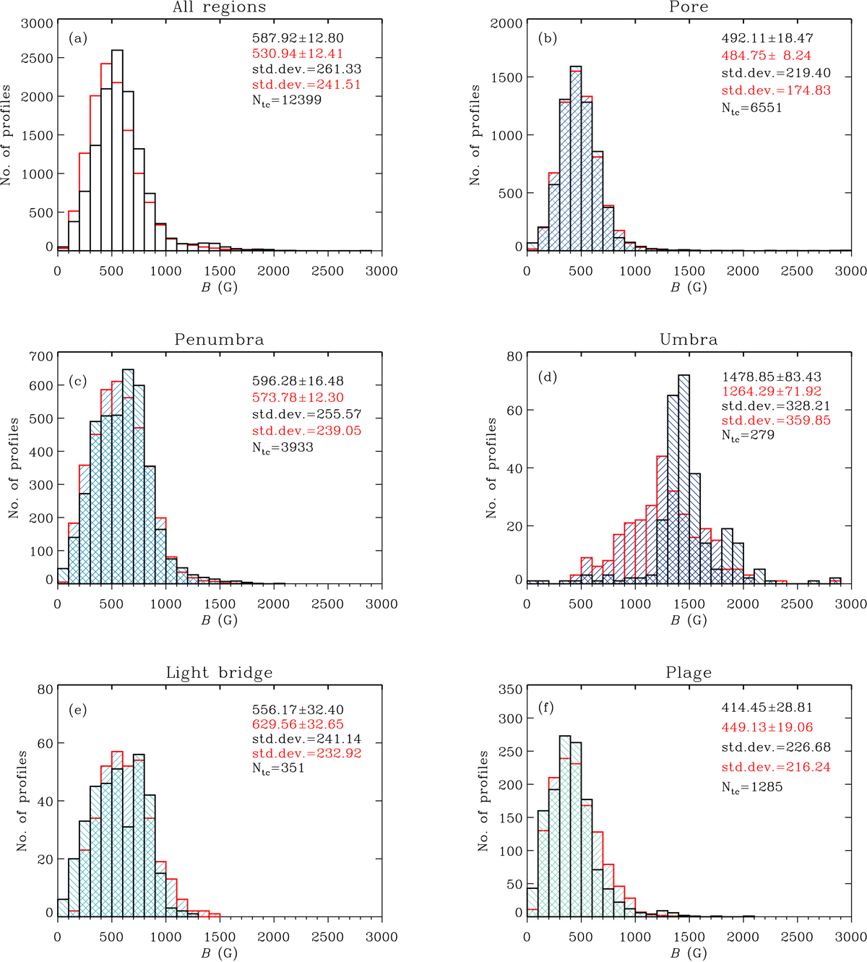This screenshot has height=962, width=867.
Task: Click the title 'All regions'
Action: click(x=219, y=8)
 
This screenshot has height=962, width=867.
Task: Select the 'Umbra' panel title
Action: click(x=689, y=340)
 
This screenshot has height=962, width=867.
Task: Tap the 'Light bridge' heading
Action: click(x=219, y=673)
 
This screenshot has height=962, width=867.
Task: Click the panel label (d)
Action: click(x=547, y=377)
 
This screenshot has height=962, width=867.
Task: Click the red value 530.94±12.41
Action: click(x=298, y=53)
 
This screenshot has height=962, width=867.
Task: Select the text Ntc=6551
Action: click(x=751, y=108)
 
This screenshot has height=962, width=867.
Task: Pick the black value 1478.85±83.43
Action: click(x=771, y=377)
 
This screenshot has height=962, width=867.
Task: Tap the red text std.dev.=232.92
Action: click(x=306, y=753)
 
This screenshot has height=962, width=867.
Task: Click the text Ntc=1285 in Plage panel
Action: click(x=751, y=787)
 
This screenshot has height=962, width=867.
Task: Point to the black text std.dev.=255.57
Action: click(x=306, y=414)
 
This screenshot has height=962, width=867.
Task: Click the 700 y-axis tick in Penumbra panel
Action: click(x=42, y=356)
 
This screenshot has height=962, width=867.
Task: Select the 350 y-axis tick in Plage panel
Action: click(x=511, y=690)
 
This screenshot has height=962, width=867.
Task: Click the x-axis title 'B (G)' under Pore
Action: click(x=689, y=287)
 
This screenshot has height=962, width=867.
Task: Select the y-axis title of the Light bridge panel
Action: click(x=22, y=801)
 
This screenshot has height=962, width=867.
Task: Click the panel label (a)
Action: click(x=77, y=38)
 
